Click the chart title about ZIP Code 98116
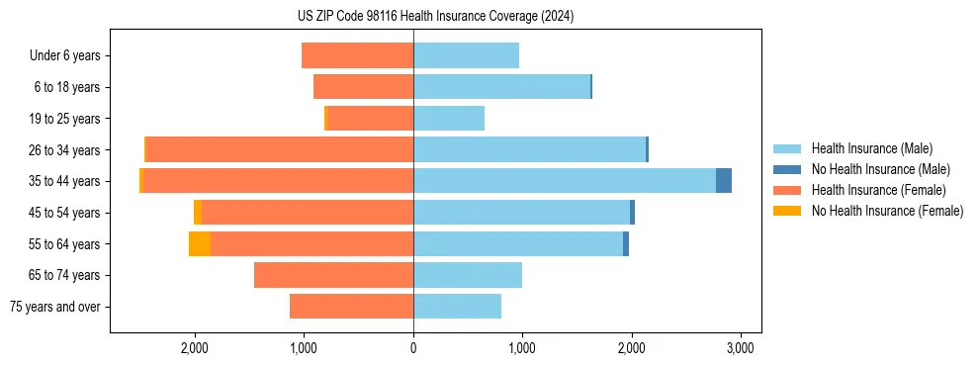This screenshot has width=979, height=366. [x=435, y=16]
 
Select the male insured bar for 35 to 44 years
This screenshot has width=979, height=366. [x=565, y=181]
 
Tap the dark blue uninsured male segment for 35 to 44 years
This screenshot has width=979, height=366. [x=724, y=181]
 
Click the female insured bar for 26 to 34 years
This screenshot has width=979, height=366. [x=280, y=149]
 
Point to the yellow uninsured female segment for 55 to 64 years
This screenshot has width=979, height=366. [x=200, y=244]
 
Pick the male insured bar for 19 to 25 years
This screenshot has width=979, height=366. [x=449, y=119]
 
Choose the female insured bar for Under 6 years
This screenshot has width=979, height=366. [x=357, y=55]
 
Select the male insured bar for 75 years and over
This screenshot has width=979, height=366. [x=457, y=307]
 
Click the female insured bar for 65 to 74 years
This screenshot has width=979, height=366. [x=333, y=275]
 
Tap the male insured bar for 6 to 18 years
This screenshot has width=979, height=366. [x=501, y=87]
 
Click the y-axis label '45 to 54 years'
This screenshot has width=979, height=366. [x=64, y=213]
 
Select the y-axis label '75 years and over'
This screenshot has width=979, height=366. [x=54, y=307]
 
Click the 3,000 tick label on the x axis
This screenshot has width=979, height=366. [x=741, y=348]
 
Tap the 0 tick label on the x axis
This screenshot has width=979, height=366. [x=413, y=348]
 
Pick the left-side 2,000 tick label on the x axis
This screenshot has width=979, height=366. [x=194, y=348]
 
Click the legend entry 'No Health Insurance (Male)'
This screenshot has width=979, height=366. [x=880, y=169]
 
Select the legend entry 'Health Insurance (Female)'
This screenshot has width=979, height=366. [x=878, y=190]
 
